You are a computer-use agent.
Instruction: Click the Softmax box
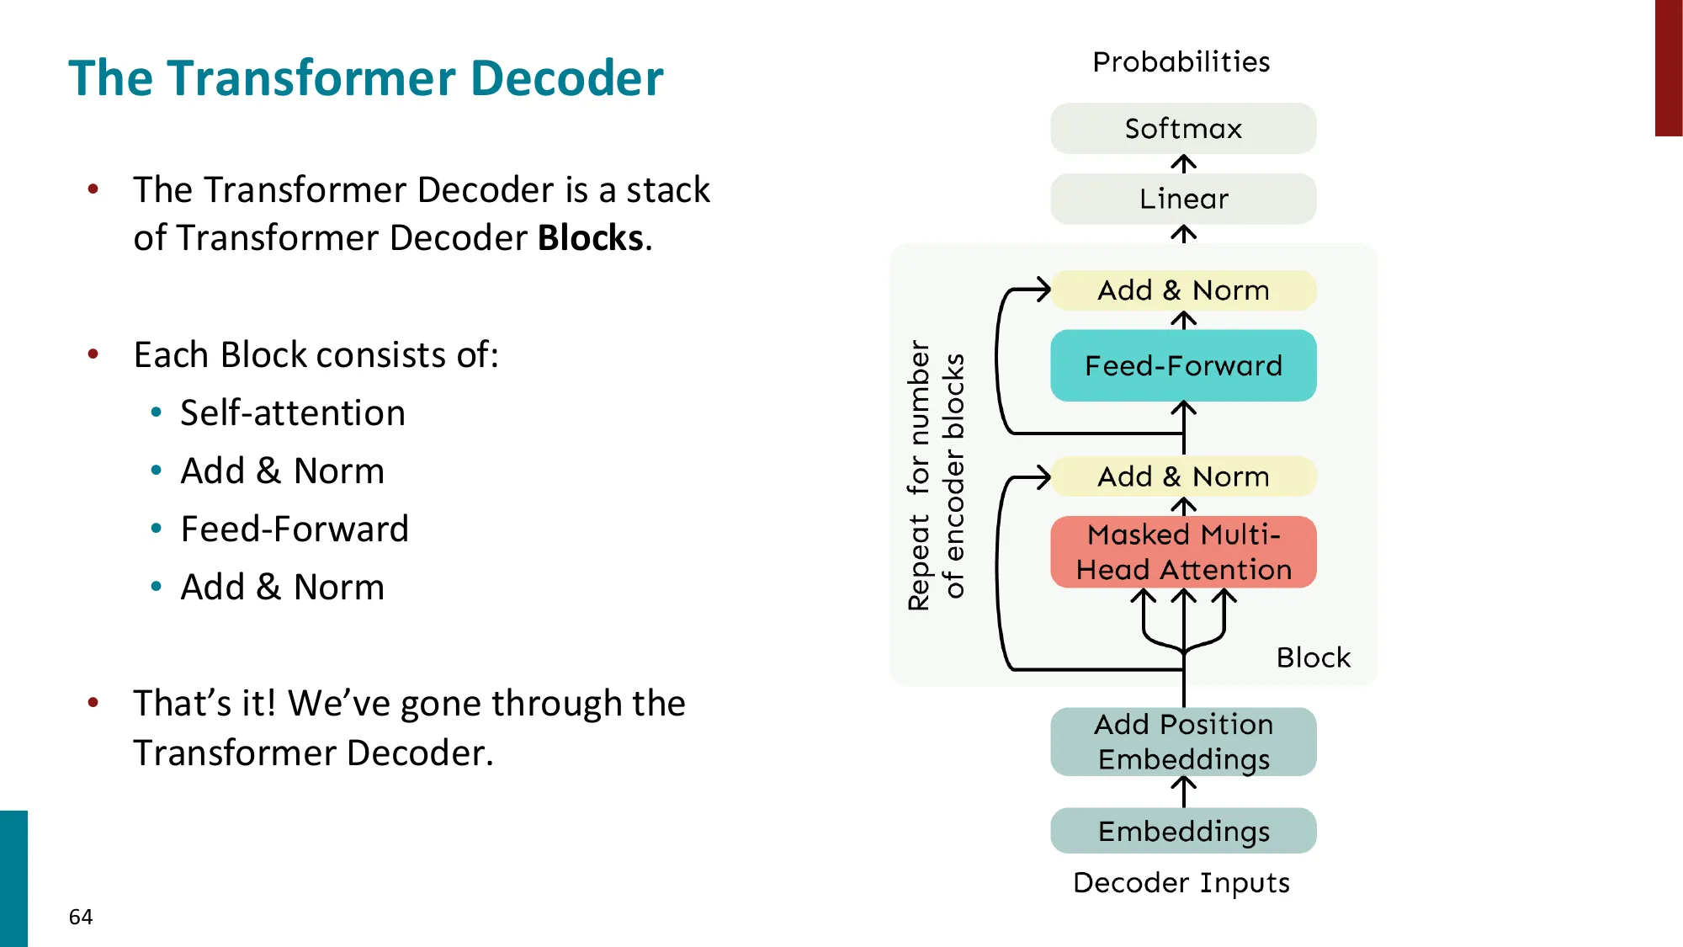click(1183, 129)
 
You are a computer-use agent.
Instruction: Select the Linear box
click(1183, 200)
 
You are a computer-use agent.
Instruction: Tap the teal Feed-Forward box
click(1183, 365)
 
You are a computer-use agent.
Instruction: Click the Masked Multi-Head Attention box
click(1183, 552)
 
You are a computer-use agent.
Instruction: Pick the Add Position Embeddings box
click(1183, 742)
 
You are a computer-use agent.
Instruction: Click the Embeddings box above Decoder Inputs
click(1183, 831)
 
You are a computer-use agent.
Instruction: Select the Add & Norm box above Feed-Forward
click(1183, 290)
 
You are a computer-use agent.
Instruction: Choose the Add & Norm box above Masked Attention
click(1183, 476)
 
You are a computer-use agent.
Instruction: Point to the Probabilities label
click(1181, 62)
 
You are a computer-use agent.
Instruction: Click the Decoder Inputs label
click(1181, 883)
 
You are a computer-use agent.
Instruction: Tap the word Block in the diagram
click(1313, 657)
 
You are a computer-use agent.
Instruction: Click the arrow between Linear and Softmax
click(1183, 164)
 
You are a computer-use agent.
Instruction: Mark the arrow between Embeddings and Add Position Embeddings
click(1183, 792)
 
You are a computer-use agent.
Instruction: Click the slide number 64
click(81, 917)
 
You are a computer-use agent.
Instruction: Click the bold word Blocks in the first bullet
click(591, 238)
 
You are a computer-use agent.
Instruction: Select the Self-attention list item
click(293, 413)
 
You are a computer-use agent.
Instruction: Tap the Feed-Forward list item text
click(295, 529)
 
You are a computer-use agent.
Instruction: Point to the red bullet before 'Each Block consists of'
click(93, 354)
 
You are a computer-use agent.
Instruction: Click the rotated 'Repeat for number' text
click(919, 476)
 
